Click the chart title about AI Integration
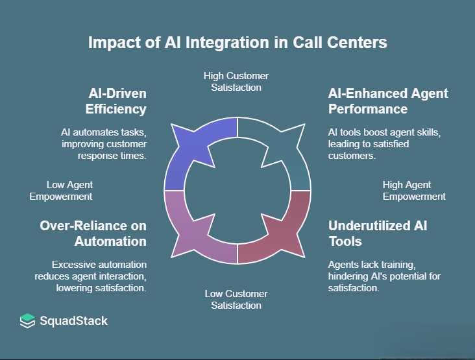pos(237,43)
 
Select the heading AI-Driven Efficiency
pos(112,101)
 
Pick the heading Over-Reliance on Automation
pos(93,234)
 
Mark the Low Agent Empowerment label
pos(62,191)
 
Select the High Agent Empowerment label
pos(413,191)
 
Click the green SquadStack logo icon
pos(27,320)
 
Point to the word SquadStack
pos(73,320)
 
